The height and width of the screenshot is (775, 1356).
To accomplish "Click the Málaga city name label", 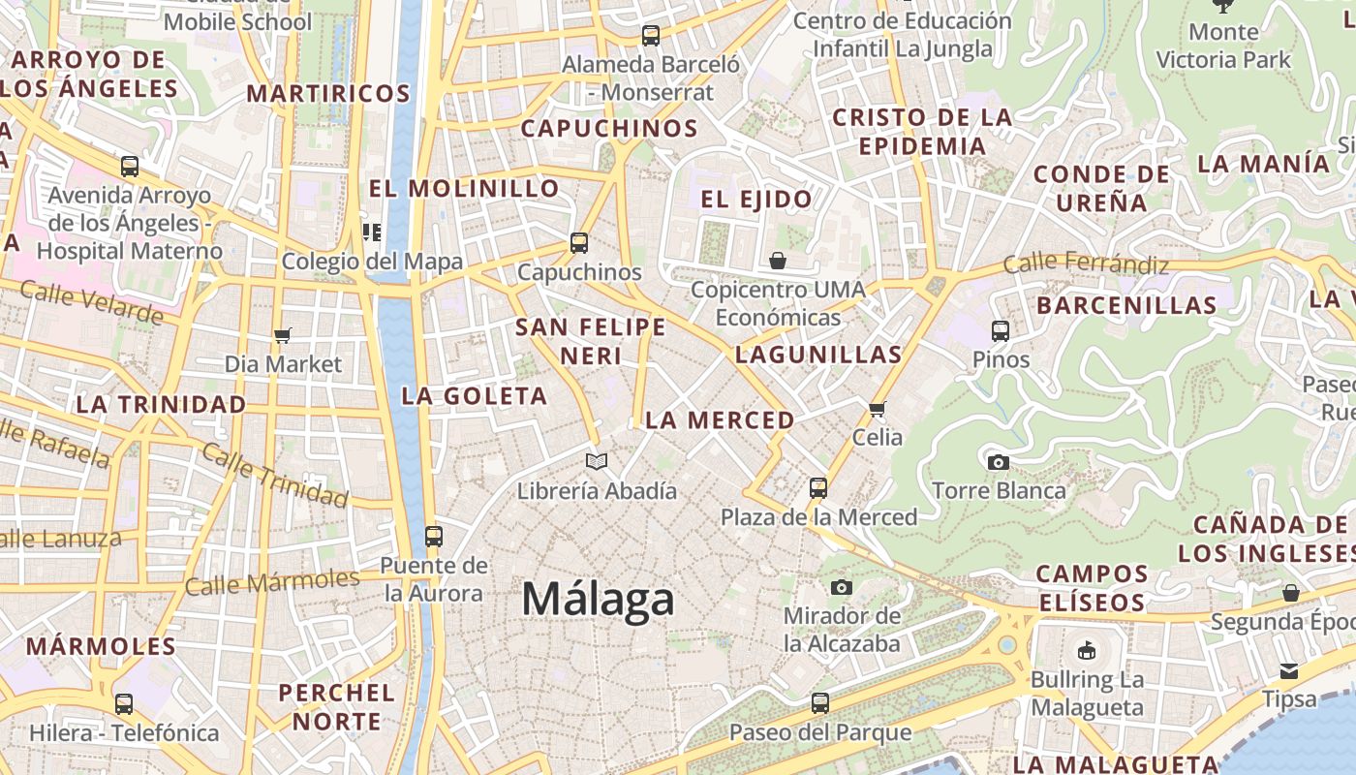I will [x=598, y=600].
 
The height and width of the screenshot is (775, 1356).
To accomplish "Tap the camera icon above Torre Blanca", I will [x=999, y=462].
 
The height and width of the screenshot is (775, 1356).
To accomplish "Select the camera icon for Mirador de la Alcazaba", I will [x=842, y=587].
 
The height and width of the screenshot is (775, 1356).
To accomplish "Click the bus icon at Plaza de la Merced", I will [x=818, y=487].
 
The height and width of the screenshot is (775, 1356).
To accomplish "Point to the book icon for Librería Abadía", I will [x=597, y=462].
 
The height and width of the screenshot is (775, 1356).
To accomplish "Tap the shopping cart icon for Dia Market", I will [x=283, y=335].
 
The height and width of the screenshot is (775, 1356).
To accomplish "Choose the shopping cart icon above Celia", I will [x=878, y=409].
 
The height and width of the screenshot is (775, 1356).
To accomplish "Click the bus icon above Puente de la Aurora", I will [x=433, y=536].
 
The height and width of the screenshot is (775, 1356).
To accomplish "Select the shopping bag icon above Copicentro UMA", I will [x=777, y=261].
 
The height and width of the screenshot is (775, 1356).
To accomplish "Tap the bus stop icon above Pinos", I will [x=1001, y=331].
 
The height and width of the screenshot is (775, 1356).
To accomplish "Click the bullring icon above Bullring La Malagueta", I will [x=1087, y=650].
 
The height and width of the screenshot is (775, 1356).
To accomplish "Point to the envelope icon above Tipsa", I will [x=1289, y=670].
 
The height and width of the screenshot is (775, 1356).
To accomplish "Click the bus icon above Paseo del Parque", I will [x=820, y=703].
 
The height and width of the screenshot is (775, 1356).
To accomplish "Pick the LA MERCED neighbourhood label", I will [x=720, y=420].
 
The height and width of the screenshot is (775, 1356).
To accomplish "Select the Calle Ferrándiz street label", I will [x=1086, y=263].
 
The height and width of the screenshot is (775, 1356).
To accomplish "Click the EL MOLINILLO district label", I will [x=464, y=188].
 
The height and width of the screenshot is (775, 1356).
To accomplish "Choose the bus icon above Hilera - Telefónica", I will [x=124, y=704].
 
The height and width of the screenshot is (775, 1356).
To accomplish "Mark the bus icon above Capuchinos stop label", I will [x=579, y=243].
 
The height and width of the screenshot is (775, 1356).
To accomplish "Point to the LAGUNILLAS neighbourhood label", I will [x=818, y=355].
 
